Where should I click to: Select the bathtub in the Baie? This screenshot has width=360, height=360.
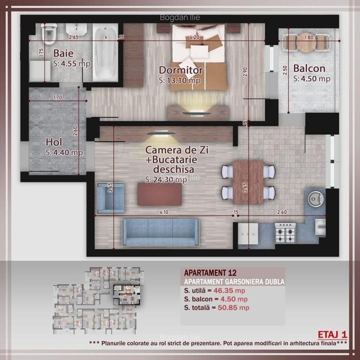coord(106,52)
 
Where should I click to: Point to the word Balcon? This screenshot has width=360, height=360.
coord(309,68)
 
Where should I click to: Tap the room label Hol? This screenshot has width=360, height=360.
coord(54,142)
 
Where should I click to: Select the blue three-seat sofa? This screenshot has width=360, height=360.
coord(160,232)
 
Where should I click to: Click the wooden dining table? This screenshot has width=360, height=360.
coord(248,182)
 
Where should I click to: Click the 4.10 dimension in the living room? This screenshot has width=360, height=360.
coord(164,212)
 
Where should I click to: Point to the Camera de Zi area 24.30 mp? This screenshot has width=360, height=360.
coord(166,180)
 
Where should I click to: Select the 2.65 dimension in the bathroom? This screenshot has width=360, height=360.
coord(73,38)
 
